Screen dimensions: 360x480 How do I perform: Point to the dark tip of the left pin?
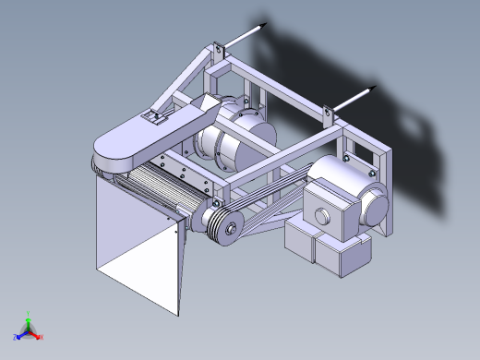[264, 25]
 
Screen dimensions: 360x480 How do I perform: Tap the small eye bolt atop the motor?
[347, 158]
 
